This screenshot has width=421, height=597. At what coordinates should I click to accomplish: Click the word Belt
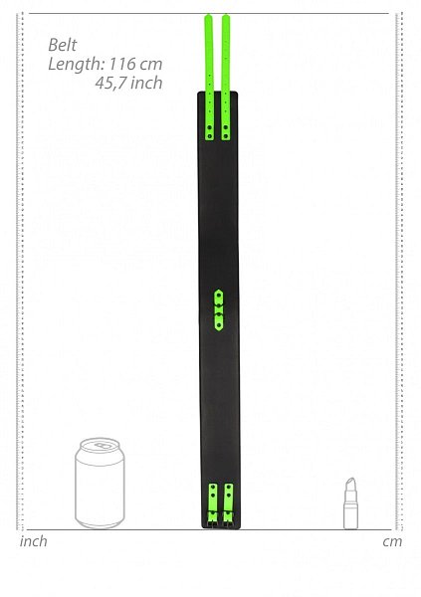[x=63, y=46]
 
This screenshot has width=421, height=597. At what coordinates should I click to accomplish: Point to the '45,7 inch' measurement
[x=128, y=83]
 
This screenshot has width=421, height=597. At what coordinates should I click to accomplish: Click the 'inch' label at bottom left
[x=34, y=541]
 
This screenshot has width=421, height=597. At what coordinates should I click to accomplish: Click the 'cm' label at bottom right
[x=392, y=542]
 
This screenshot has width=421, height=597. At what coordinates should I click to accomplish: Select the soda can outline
[x=100, y=484]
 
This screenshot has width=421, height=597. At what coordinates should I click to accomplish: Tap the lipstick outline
[x=351, y=503]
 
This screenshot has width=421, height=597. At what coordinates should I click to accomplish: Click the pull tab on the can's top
[x=102, y=446]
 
